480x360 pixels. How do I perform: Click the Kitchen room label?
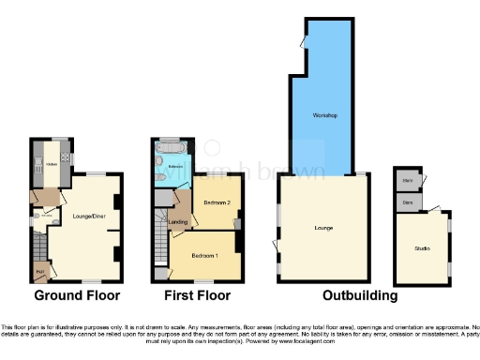click(x=52, y=163)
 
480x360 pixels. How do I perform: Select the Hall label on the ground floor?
click(x=40, y=272)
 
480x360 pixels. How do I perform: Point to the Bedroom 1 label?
click(x=205, y=255)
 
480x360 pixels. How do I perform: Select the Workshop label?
click(x=325, y=115)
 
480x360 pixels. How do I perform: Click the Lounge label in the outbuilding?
click(x=324, y=228)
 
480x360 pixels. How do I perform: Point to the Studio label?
click(x=422, y=247)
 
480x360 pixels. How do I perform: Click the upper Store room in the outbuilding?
click(x=409, y=179)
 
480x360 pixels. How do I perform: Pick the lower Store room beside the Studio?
click(x=409, y=201)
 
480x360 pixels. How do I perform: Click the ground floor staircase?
click(x=39, y=248)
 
